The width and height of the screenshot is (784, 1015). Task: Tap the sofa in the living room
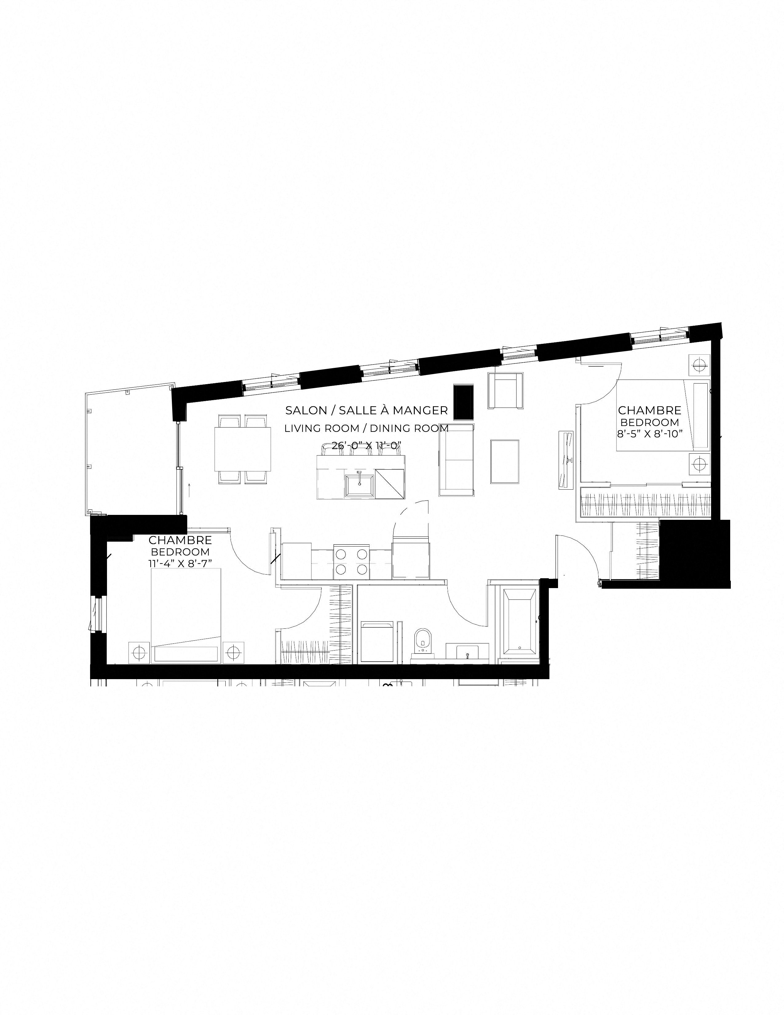[457, 460]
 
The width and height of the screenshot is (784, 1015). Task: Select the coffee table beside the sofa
[505, 461]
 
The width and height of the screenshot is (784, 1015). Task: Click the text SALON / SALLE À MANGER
[366, 410]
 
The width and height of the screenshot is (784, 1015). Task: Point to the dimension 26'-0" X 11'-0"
[366, 446]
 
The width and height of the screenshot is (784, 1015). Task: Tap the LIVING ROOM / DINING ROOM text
[366, 428]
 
